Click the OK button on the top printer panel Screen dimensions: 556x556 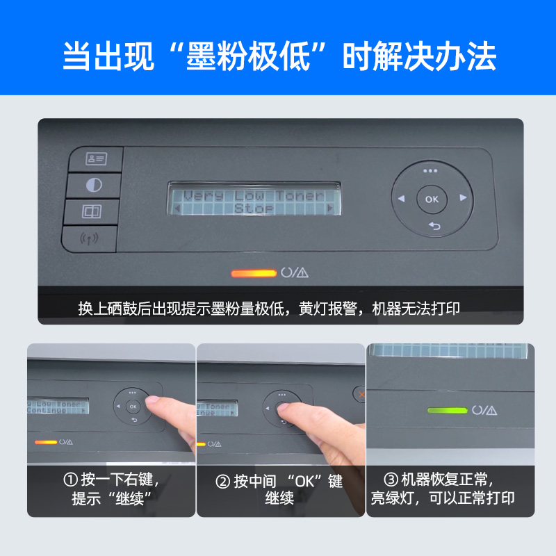[432, 199]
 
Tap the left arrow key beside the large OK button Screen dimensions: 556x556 [401, 199]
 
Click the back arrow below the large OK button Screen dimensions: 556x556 [434, 226]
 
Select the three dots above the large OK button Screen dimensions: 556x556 [431, 171]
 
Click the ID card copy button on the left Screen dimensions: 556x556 [96, 159]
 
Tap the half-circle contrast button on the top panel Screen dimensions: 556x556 [93, 186]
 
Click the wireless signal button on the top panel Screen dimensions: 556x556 [90, 239]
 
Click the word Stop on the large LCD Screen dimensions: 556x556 [254, 208]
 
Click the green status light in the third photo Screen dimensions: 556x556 [446, 411]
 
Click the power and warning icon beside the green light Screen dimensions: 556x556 [484, 411]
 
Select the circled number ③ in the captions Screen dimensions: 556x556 [391, 480]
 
